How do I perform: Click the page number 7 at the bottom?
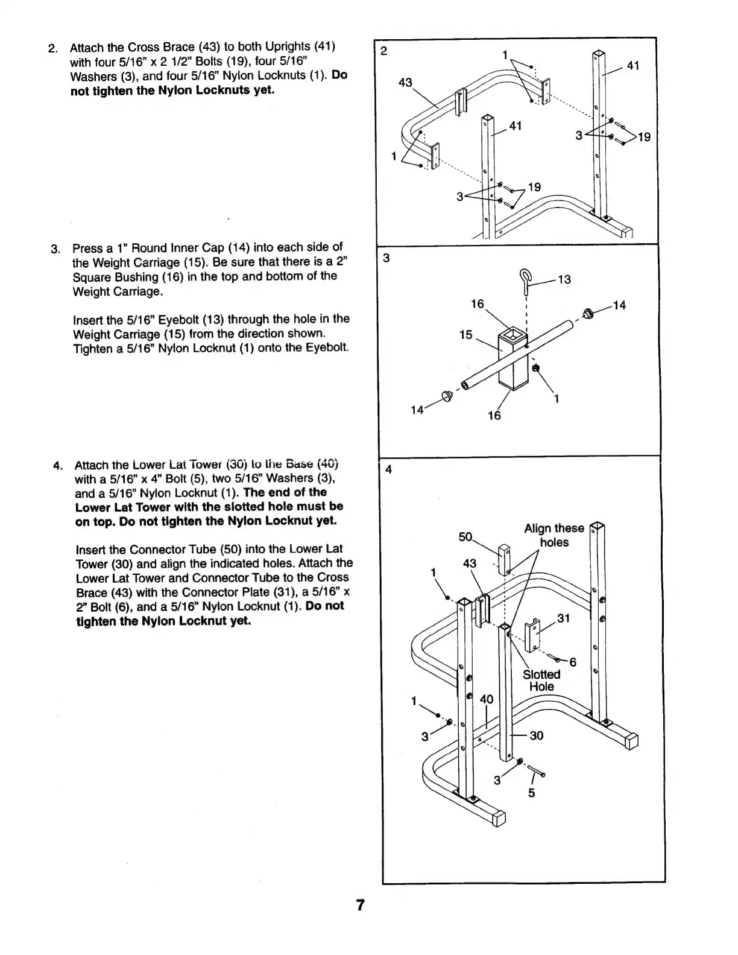click(360, 905)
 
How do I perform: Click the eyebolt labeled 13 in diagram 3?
click(525, 282)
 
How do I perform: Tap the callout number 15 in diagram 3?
click(465, 334)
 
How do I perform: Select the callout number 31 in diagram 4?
click(563, 618)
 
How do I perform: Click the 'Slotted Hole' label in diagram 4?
click(541, 681)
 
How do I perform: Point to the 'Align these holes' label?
click(554, 535)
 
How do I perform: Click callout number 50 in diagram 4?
click(465, 536)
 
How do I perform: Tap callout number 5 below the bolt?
click(531, 793)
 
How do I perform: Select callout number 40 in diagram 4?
click(486, 699)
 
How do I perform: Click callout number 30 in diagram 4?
click(536, 735)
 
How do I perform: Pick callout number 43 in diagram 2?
click(406, 83)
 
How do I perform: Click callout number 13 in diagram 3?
click(564, 279)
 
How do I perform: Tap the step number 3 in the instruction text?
click(55, 249)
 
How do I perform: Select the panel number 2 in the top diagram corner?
click(384, 51)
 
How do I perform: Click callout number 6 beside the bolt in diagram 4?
click(573, 662)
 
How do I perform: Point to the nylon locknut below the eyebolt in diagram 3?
click(536, 368)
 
